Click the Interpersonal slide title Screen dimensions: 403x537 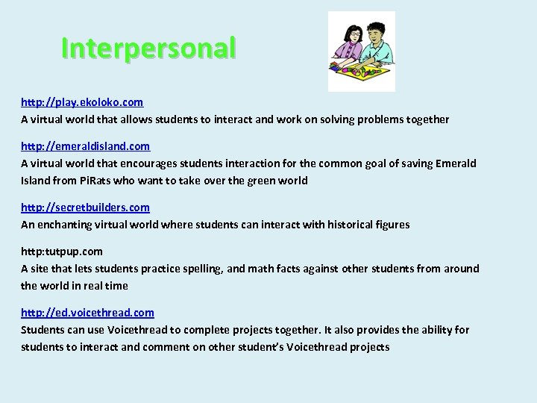pos(148,48)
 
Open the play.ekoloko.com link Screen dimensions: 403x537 pos(82,101)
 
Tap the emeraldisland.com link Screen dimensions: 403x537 pos(85,146)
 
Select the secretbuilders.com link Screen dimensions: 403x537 pos(85,207)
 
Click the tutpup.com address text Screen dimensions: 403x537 pos(62,252)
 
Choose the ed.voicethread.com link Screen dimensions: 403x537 pos(87,313)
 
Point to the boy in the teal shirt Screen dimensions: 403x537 pos(377,41)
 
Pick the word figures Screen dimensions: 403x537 pos(389,225)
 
